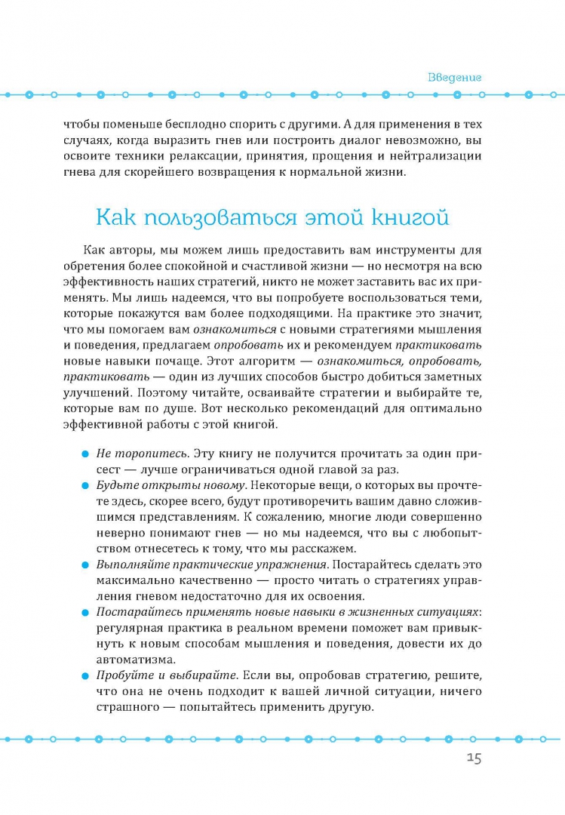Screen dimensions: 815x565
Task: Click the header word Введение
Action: click(x=454, y=77)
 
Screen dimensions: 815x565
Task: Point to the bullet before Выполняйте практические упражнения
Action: click(x=84, y=564)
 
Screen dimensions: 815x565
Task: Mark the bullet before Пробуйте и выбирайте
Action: click(x=84, y=675)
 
